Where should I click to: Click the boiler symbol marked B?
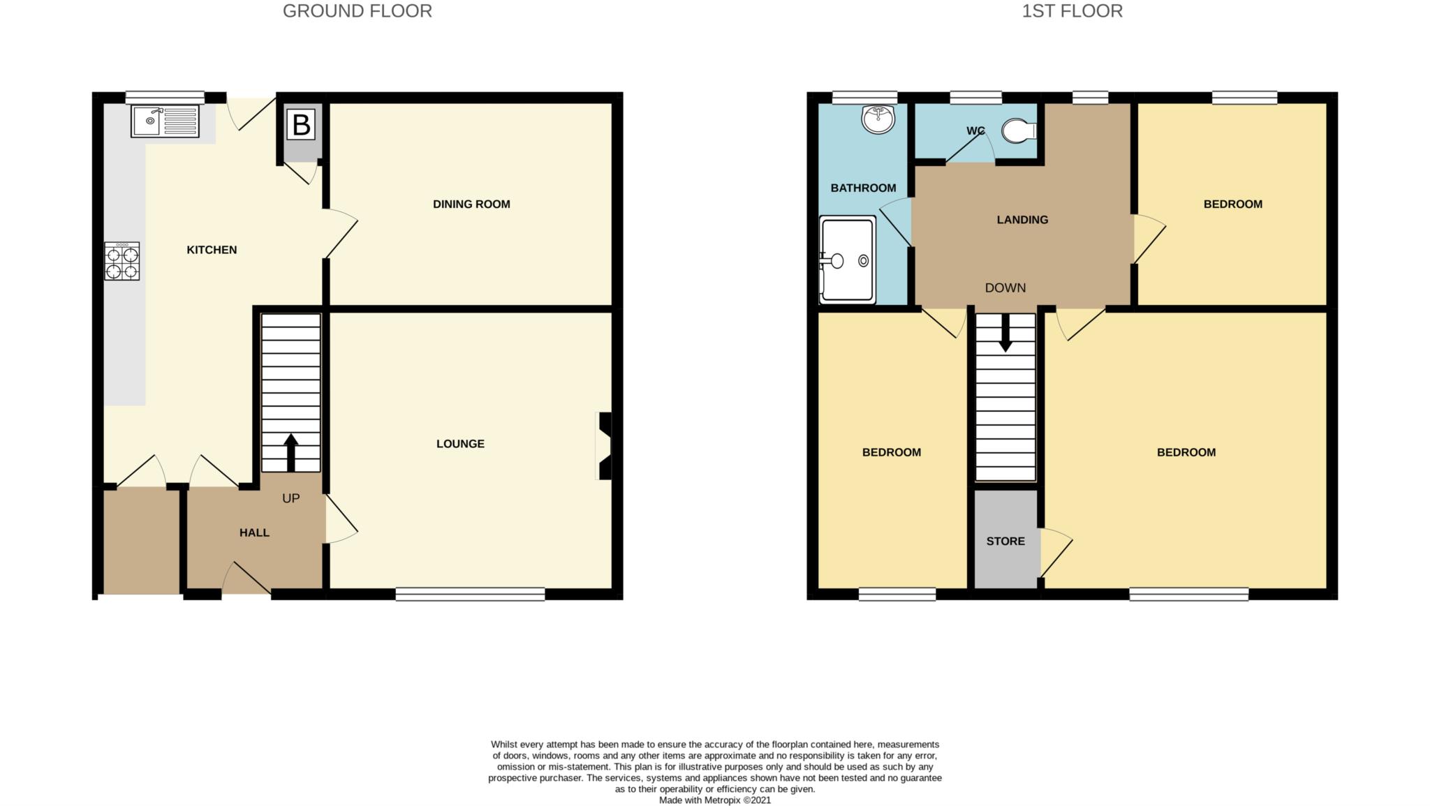(301, 126)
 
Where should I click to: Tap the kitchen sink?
(165, 121)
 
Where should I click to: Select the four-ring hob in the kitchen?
(122, 262)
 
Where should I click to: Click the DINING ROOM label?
(471, 204)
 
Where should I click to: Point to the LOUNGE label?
(460, 444)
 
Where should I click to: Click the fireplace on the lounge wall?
(605, 446)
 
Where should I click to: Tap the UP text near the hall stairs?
(290, 498)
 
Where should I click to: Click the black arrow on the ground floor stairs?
(290, 452)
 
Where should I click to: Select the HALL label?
(254, 532)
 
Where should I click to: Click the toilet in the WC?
(1019, 130)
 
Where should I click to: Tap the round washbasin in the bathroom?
(878, 119)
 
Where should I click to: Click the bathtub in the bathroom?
(848, 260)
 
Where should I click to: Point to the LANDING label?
(1022, 220)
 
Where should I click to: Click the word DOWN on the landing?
(1005, 288)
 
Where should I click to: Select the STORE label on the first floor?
(1005, 541)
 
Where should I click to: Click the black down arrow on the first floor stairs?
(1005, 334)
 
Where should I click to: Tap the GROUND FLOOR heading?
(357, 11)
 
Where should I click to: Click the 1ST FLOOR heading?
(1072, 11)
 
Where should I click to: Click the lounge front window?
(470, 594)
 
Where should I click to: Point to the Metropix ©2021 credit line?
(715, 800)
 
